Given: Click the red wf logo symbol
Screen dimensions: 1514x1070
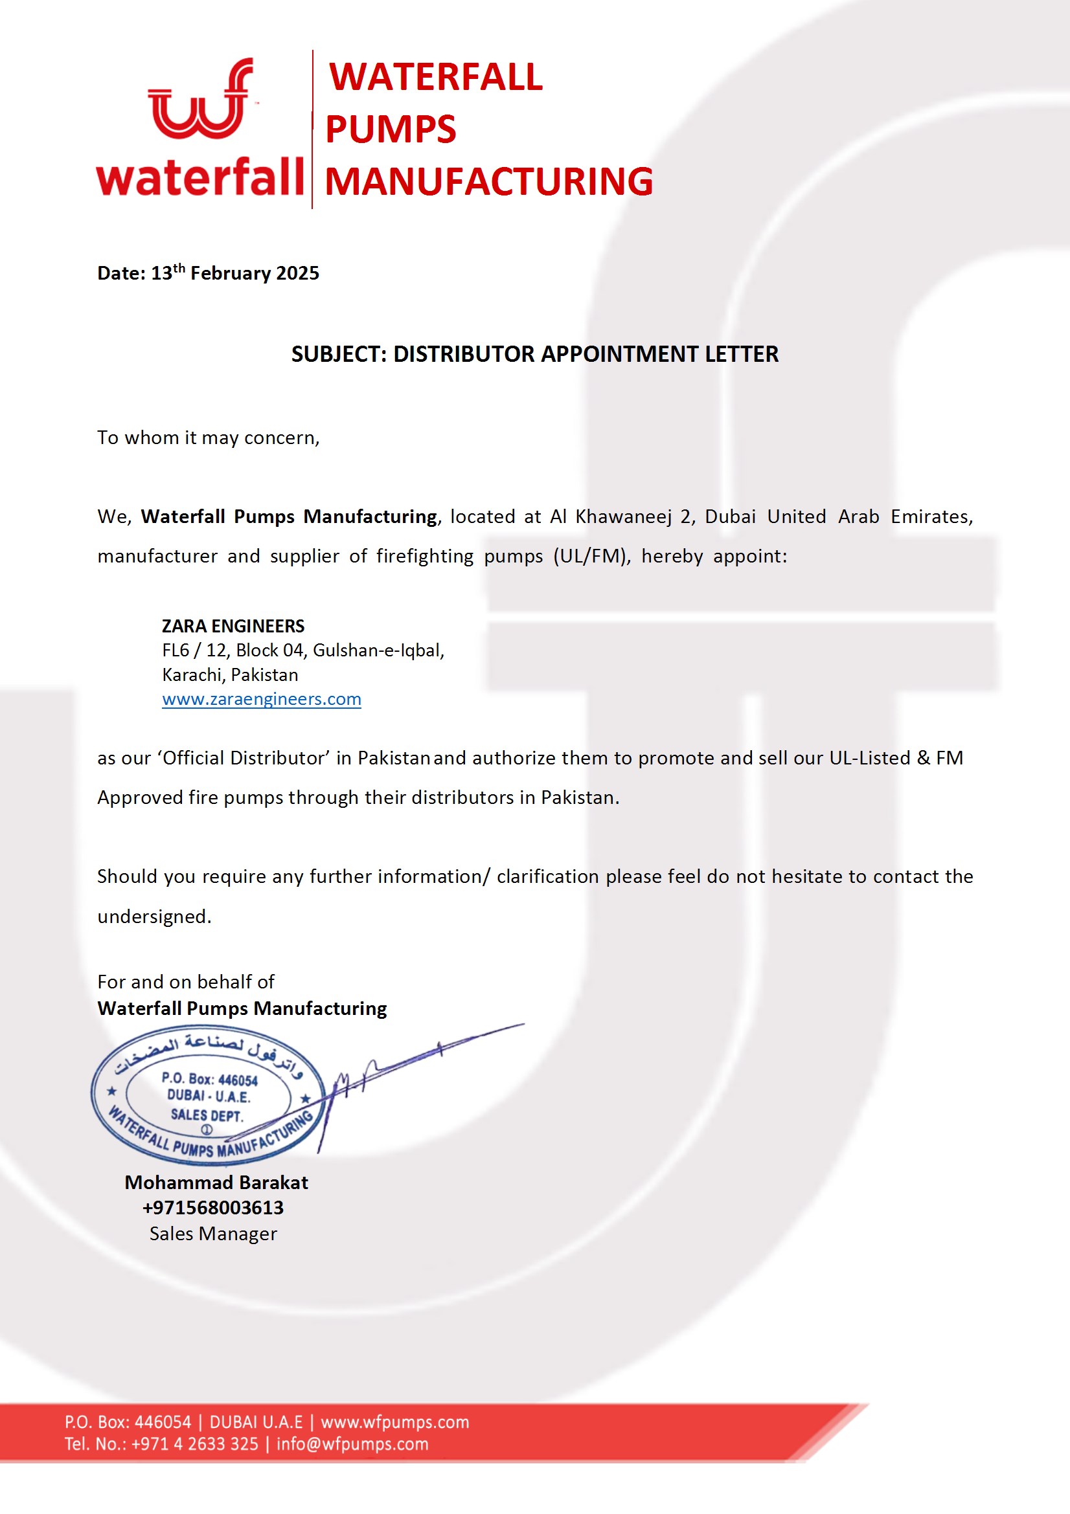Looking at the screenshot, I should pyautogui.click(x=199, y=100).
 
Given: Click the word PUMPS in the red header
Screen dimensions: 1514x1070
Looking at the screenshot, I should pyautogui.click(x=391, y=129).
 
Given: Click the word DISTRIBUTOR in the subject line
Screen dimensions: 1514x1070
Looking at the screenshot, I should pyautogui.click(x=464, y=354).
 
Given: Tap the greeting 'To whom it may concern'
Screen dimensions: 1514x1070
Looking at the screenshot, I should pyautogui.click(x=208, y=438).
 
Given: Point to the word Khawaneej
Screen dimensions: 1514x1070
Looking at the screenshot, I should pyautogui.click(x=623, y=517).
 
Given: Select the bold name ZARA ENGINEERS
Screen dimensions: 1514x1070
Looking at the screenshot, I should pyautogui.click(x=233, y=626).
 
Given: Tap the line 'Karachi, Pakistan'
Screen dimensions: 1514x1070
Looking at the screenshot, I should pyautogui.click(x=229, y=674).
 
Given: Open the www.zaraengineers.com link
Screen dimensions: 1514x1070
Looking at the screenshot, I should pyautogui.click(x=261, y=699).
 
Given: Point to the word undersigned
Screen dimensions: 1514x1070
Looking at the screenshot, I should pyautogui.click(x=154, y=917).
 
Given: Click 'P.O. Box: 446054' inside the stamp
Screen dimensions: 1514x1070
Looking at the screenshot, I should pyautogui.click(x=209, y=1080).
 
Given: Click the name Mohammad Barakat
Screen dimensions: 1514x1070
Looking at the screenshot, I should pyautogui.click(x=216, y=1183).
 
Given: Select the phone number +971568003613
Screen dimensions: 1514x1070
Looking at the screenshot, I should pyautogui.click(x=212, y=1207).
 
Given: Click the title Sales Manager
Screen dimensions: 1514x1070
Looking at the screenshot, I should pyautogui.click(x=212, y=1233).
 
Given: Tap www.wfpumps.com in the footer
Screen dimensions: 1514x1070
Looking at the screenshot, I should pyautogui.click(x=394, y=1421).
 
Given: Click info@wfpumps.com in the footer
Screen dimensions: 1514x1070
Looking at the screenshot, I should pyautogui.click(x=352, y=1443).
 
